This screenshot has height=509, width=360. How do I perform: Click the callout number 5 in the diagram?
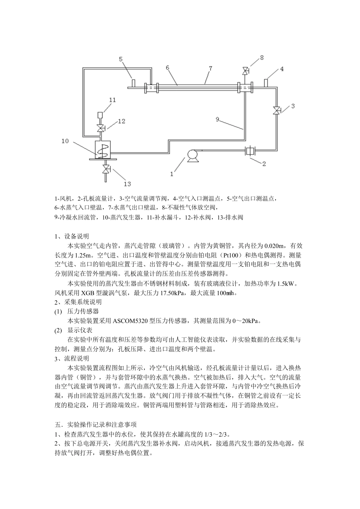[x=121, y=59]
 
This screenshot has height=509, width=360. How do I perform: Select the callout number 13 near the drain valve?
[x=127, y=184]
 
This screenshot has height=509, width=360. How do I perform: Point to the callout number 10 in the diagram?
[x=65, y=141]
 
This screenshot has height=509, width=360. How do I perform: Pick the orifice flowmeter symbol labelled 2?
[x=250, y=151]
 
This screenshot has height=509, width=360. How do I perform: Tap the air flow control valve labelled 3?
[x=277, y=110]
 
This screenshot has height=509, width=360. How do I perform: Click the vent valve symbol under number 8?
[x=246, y=71]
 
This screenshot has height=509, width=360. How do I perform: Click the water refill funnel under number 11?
[x=101, y=114]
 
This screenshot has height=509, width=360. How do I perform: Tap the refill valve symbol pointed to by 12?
[x=101, y=128]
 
